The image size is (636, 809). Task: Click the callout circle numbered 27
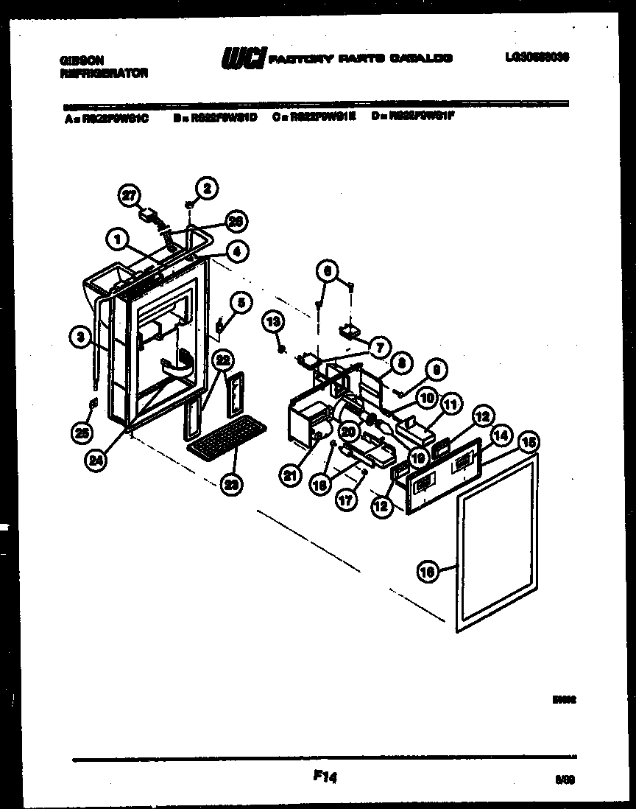click(130, 195)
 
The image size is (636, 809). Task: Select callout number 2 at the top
click(207, 189)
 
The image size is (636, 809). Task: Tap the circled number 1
click(116, 237)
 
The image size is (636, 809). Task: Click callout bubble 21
click(290, 476)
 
